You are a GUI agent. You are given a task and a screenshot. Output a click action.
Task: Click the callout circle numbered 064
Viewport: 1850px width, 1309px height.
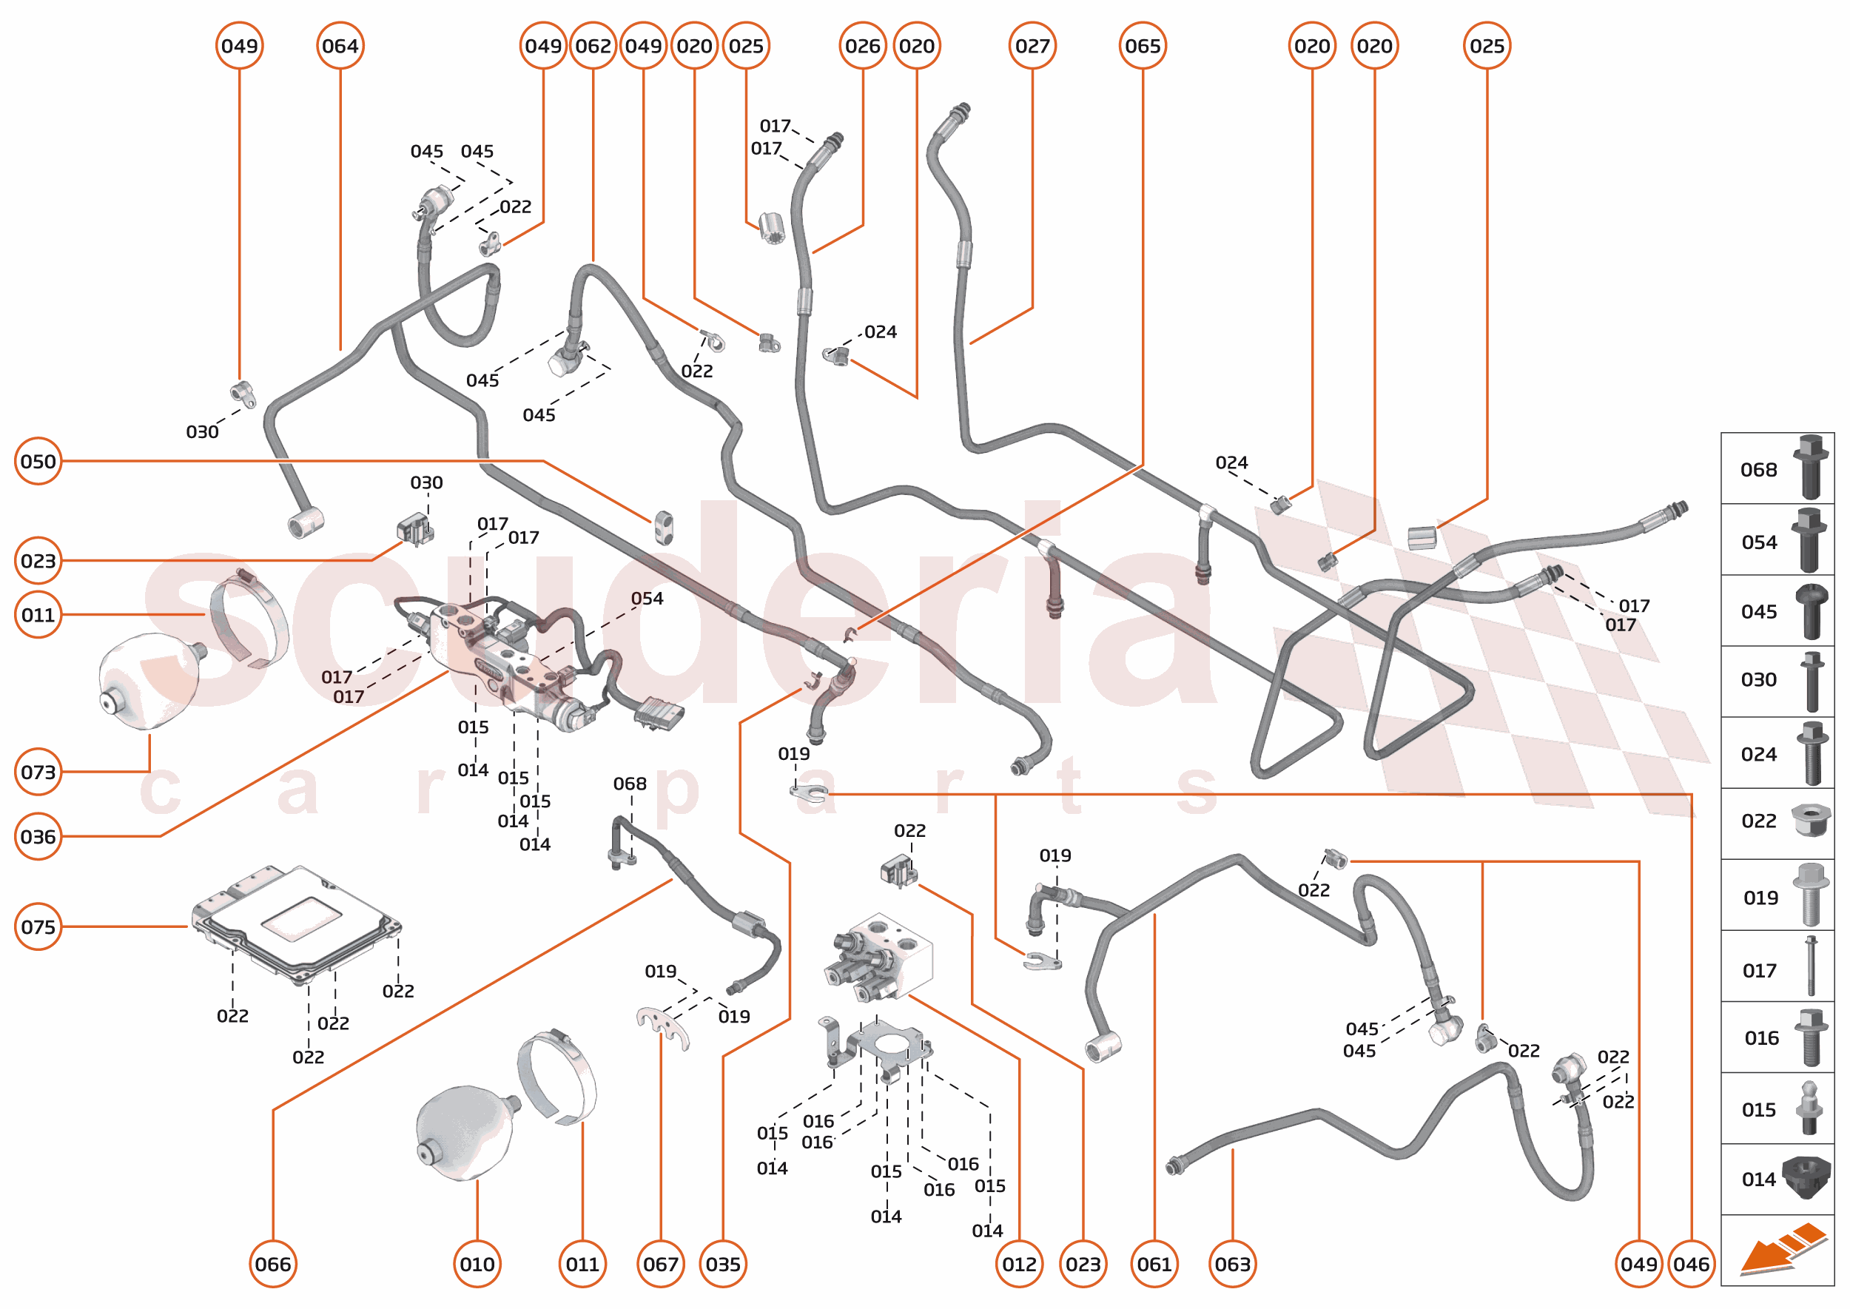[x=340, y=46]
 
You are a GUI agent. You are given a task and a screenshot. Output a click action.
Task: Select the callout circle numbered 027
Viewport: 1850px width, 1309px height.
[x=1032, y=46]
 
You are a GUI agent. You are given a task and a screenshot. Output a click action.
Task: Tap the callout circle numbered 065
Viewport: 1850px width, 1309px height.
[x=1143, y=46]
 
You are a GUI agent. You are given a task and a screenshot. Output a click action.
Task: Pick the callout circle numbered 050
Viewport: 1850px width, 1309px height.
[x=38, y=461]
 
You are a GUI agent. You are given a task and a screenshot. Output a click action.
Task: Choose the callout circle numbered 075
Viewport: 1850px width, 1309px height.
[x=38, y=926]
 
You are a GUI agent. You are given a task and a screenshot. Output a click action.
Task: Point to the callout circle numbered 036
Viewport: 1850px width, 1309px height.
[x=38, y=837]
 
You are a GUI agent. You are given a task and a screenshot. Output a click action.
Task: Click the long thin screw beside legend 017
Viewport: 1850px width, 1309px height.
[x=1811, y=966]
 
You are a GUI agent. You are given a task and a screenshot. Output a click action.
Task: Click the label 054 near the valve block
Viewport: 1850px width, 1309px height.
[x=647, y=598]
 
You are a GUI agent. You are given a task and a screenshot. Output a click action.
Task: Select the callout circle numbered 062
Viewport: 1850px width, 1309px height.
[x=593, y=46]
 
